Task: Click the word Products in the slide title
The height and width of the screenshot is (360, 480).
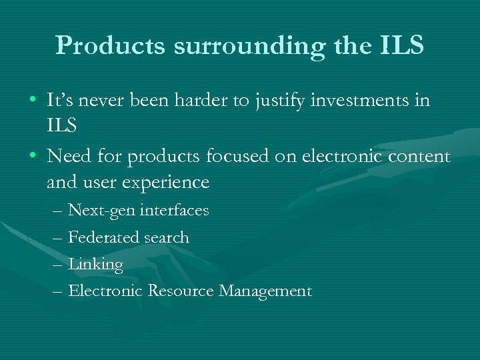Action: pos(110,45)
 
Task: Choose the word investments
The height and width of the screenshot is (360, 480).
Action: pos(374,101)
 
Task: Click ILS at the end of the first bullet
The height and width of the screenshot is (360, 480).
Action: pos(62,126)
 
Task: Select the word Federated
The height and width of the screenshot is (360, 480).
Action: pos(103,238)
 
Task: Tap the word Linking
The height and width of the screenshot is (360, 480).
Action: pos(95,265)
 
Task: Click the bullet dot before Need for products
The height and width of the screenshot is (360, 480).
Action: pos(33,156)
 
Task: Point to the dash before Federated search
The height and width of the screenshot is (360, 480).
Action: pos(57,238)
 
